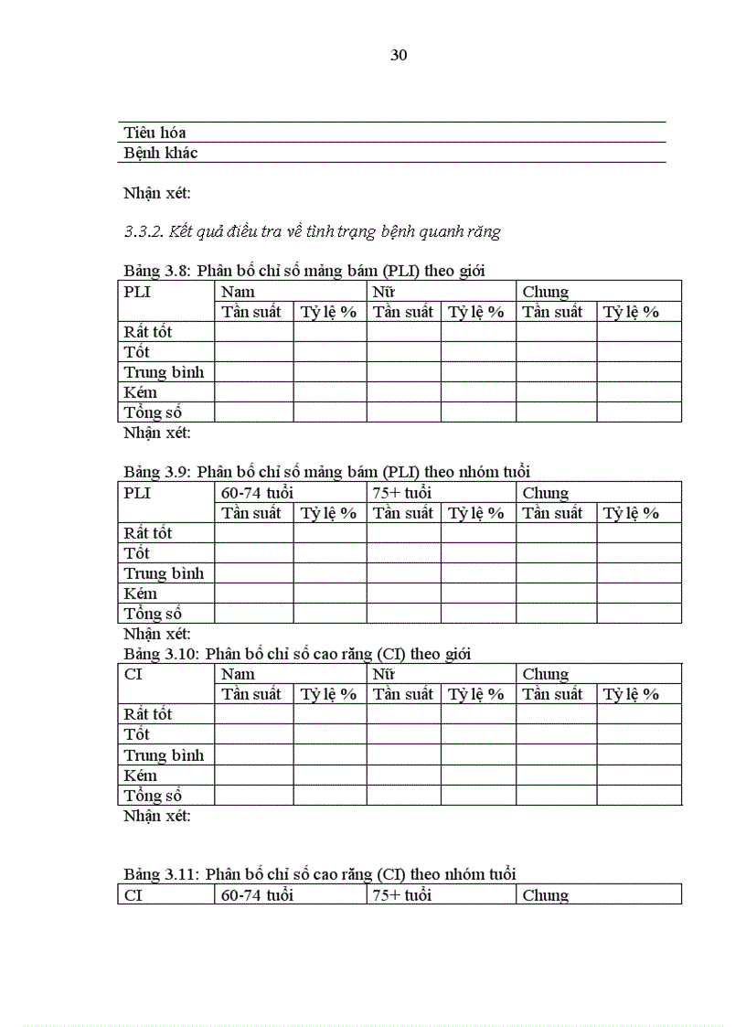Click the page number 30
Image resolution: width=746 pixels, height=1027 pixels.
coord(399,55)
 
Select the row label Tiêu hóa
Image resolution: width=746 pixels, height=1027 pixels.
coord(155,133)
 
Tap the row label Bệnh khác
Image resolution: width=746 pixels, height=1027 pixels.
coord(161,153)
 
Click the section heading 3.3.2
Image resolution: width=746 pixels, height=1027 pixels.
coord(312,231)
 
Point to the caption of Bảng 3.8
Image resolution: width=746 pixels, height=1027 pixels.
coord(304,270)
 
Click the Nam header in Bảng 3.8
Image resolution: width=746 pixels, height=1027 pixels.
coord(238,292)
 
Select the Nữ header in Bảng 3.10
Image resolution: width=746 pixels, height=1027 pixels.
coord(383,674)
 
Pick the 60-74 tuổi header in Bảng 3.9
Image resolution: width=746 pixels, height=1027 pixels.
coord(257,493)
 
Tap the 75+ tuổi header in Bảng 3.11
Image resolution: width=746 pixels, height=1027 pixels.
coord(401,894)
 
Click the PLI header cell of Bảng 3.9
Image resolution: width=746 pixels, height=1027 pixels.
coord(137,493)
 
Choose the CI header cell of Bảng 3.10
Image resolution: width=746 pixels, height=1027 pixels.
coord(133,674)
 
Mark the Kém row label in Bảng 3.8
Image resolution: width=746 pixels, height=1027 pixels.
coord(141,392)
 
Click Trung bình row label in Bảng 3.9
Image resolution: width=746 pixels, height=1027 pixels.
coord(164,573)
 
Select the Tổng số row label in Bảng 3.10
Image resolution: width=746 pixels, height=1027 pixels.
coord(153,796)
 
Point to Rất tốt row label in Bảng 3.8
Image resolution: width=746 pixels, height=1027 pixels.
coord(148,332)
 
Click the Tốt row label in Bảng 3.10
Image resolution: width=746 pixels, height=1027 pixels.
coord(137,734)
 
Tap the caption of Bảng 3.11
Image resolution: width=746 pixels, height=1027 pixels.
coord(320,874)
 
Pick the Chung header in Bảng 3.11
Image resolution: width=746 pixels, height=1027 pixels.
coord(546,894)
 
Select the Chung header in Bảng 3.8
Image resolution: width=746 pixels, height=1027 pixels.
coord(546,292)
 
